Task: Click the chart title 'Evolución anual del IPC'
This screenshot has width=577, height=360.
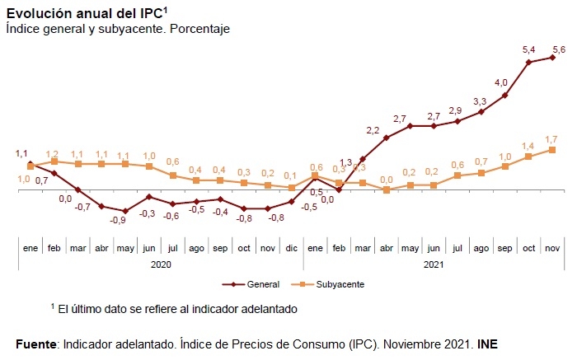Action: pos(85,14)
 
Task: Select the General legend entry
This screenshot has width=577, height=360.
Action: pos(251,284)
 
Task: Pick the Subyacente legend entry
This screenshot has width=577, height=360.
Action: pos(327,284)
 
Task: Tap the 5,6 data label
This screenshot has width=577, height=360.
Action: pos(559,49)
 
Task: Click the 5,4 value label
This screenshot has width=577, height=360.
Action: pos(529,49)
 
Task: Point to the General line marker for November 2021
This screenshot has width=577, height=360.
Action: pos(552,58)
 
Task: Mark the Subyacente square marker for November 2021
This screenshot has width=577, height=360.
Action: pos(552,150)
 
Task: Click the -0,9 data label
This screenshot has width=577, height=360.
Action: pos(118,220)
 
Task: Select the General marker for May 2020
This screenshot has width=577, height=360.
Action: pos(125,211)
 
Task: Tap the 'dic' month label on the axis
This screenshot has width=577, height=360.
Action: pos(292,248)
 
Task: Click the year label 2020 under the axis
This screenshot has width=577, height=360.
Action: pos(161,264)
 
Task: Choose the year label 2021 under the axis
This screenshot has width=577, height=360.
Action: pos(434,264)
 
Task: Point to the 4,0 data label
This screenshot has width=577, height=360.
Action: pos(501,82)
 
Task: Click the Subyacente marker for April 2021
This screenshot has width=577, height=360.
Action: pos(387,189)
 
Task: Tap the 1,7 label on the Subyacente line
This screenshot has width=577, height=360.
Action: pos(551,139)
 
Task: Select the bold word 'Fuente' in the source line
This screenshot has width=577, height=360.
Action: pos(36,344)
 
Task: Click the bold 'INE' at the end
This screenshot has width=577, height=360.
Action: pos(487,344)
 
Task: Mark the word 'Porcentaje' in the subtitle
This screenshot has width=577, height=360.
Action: pos(199,29)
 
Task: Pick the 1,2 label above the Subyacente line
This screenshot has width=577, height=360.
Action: pos(52,154)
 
